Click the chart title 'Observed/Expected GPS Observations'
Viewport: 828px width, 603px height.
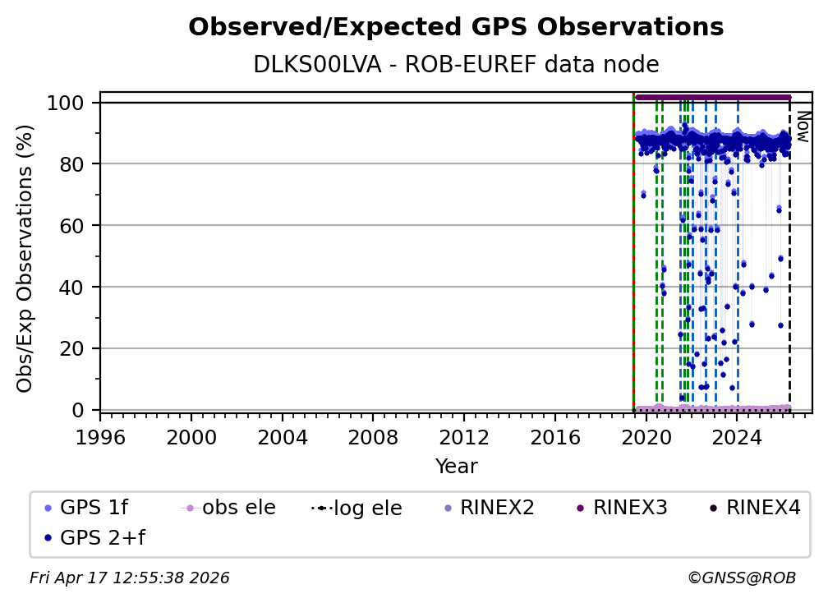coord(456,28)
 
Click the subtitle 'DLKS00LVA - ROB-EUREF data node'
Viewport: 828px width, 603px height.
coord(456,65)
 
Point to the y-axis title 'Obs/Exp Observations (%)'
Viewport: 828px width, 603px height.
coord(25,258)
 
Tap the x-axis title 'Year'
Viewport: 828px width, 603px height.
coord(456,467)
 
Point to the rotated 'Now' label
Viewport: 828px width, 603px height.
coord(803,127)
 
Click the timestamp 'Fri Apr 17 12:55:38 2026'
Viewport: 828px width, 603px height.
coord(130,578)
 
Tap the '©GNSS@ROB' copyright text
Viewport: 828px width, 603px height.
coord(742,578)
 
